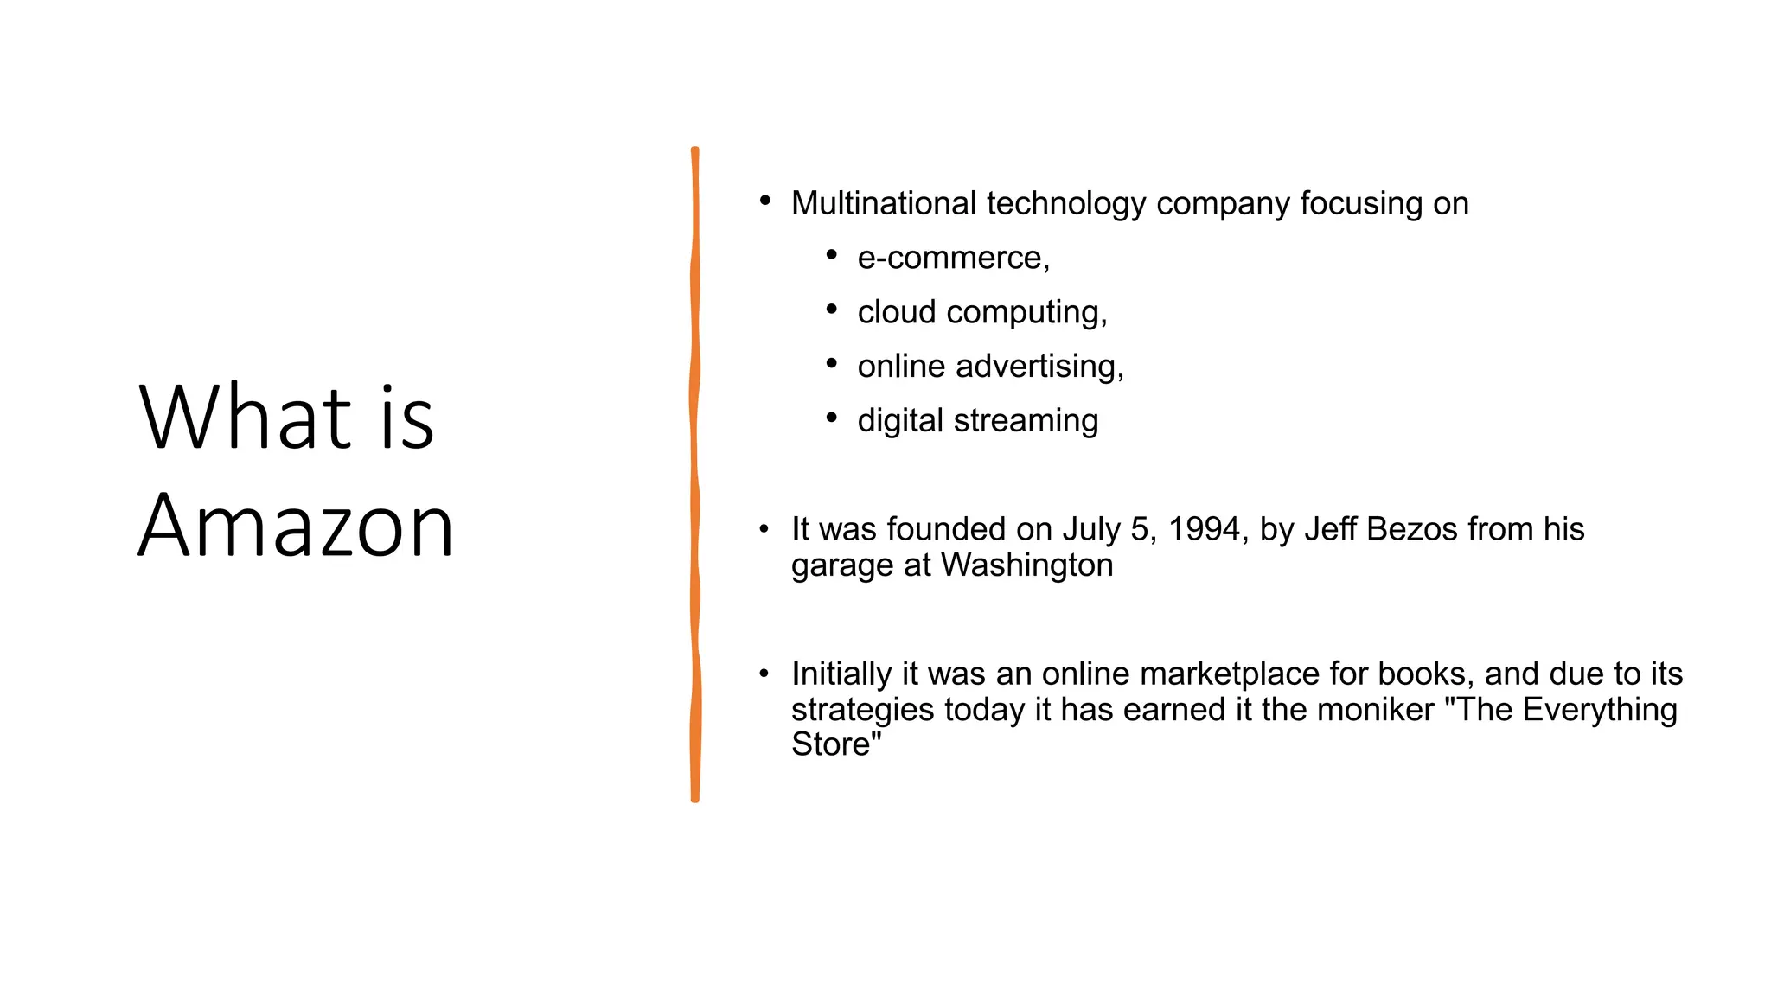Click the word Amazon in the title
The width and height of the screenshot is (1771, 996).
click(x=296, y=525)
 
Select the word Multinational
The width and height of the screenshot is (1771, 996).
click(x=883, y=204)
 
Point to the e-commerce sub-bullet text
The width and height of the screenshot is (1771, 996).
click(x=953, y=258)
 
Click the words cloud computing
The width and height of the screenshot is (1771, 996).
click(x=981, y=312)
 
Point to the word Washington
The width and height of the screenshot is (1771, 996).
click(x=1026, y=565)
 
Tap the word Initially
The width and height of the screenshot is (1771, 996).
click(x=841, y=674)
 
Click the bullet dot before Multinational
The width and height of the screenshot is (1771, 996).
click(x=764, y=201)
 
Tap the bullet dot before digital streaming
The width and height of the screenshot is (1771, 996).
click(x=831, y=418)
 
